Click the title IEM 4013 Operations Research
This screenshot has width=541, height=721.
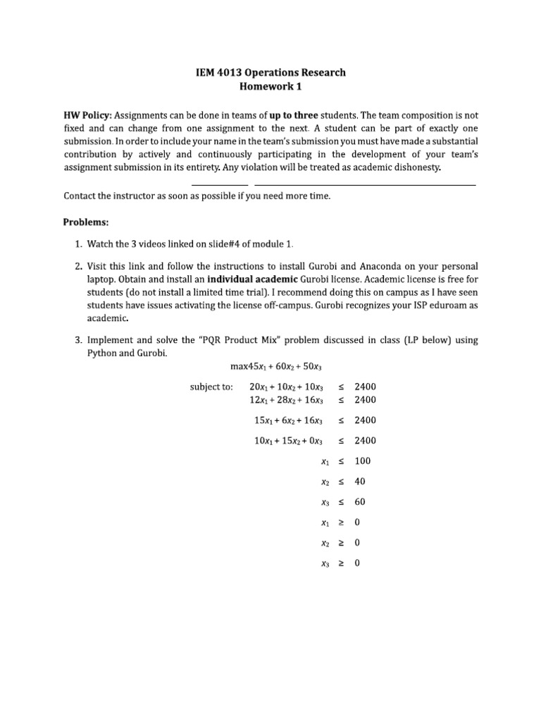[270, 73]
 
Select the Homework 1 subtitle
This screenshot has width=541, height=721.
[270, 86]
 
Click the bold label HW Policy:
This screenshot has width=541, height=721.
[87, 114]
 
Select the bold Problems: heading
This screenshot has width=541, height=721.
[86, 222]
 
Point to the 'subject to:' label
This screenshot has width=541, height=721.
[211, 387]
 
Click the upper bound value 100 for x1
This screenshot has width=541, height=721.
[363, 461]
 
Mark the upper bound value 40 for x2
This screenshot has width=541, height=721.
[360, 482]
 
